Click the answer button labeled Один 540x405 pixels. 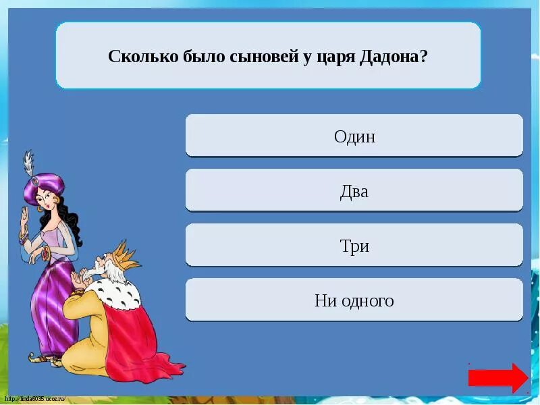(354, 136)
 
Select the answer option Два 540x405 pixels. (354, 191)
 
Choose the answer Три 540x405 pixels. (354, 246)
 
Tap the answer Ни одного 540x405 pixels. (354, 300)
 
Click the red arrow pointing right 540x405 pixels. (498, 378)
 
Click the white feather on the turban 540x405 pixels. (28, 162)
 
